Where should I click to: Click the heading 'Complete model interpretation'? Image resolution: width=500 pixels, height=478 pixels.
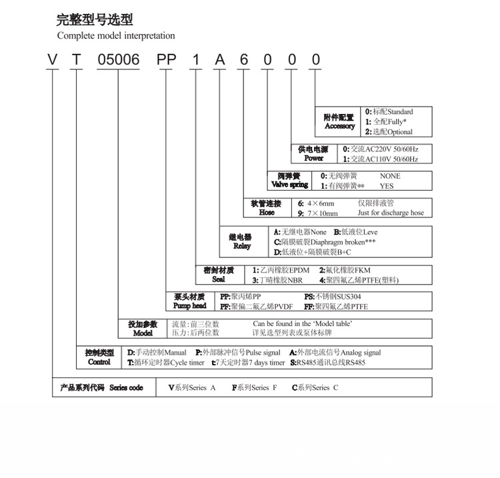tap(116, 35)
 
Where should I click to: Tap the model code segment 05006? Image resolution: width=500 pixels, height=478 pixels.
tap(119, 59)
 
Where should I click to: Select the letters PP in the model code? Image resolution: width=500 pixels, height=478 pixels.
tap(166, 59)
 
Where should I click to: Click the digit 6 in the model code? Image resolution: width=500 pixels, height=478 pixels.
tap(244, 59)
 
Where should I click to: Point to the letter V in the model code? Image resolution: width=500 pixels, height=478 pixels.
tap(52, 59)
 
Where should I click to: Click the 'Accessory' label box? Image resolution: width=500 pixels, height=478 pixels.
tap(338, 122)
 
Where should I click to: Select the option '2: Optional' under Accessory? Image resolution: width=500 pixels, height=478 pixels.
tap(389, 132)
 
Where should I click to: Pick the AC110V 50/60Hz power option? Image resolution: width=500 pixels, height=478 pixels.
tap(381, 159)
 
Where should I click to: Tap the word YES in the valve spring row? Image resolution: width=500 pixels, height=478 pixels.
tap(387, 186)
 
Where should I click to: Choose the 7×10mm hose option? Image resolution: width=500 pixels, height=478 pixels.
tap(317, 213)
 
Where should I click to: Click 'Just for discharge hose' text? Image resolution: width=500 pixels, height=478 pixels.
tap(391, 213)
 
